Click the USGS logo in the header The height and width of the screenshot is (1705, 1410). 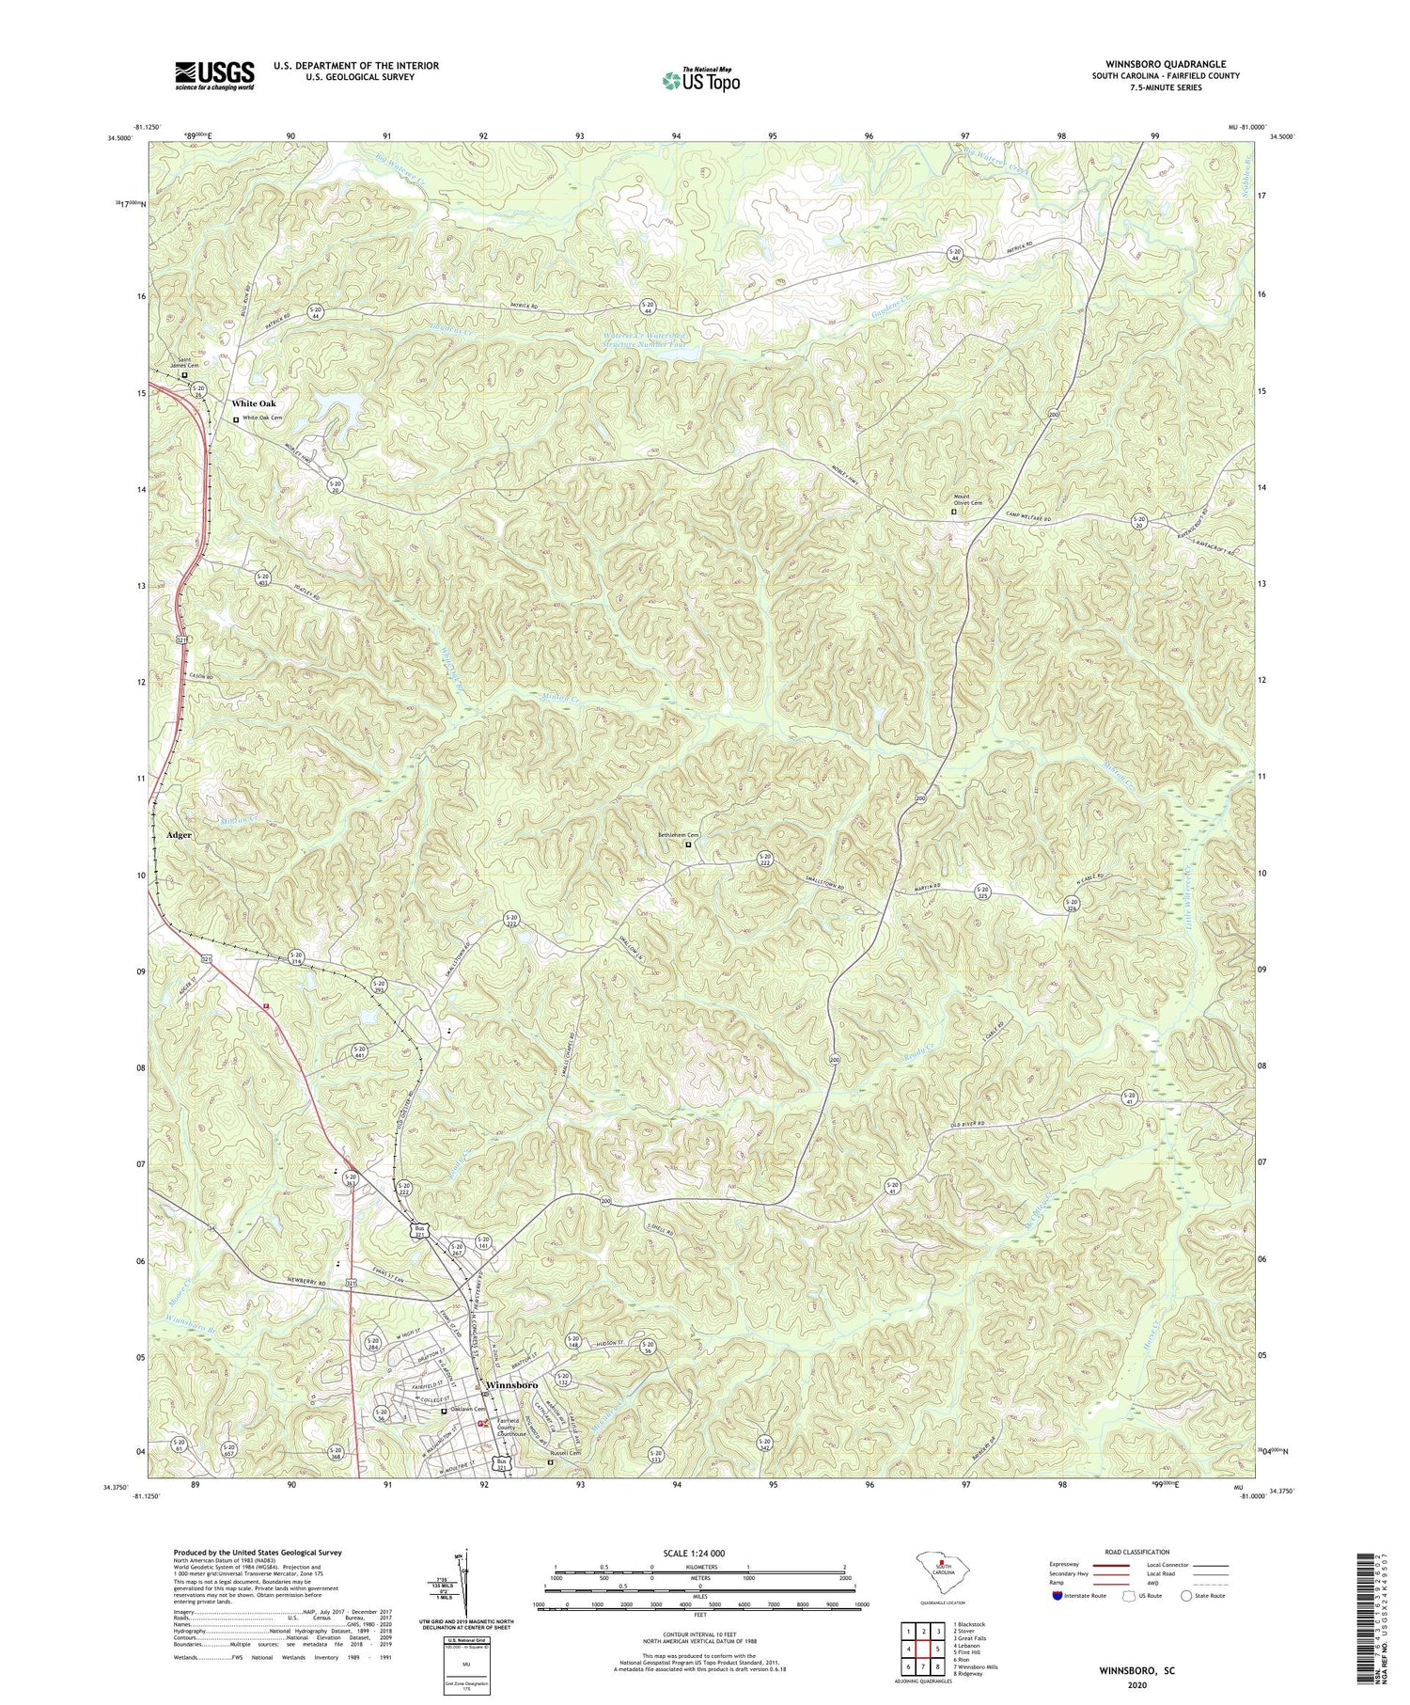click(x=213, y=75)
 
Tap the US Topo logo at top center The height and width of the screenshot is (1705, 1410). click(x=700, y=81)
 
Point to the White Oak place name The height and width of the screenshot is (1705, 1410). click(x=253, y=403)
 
